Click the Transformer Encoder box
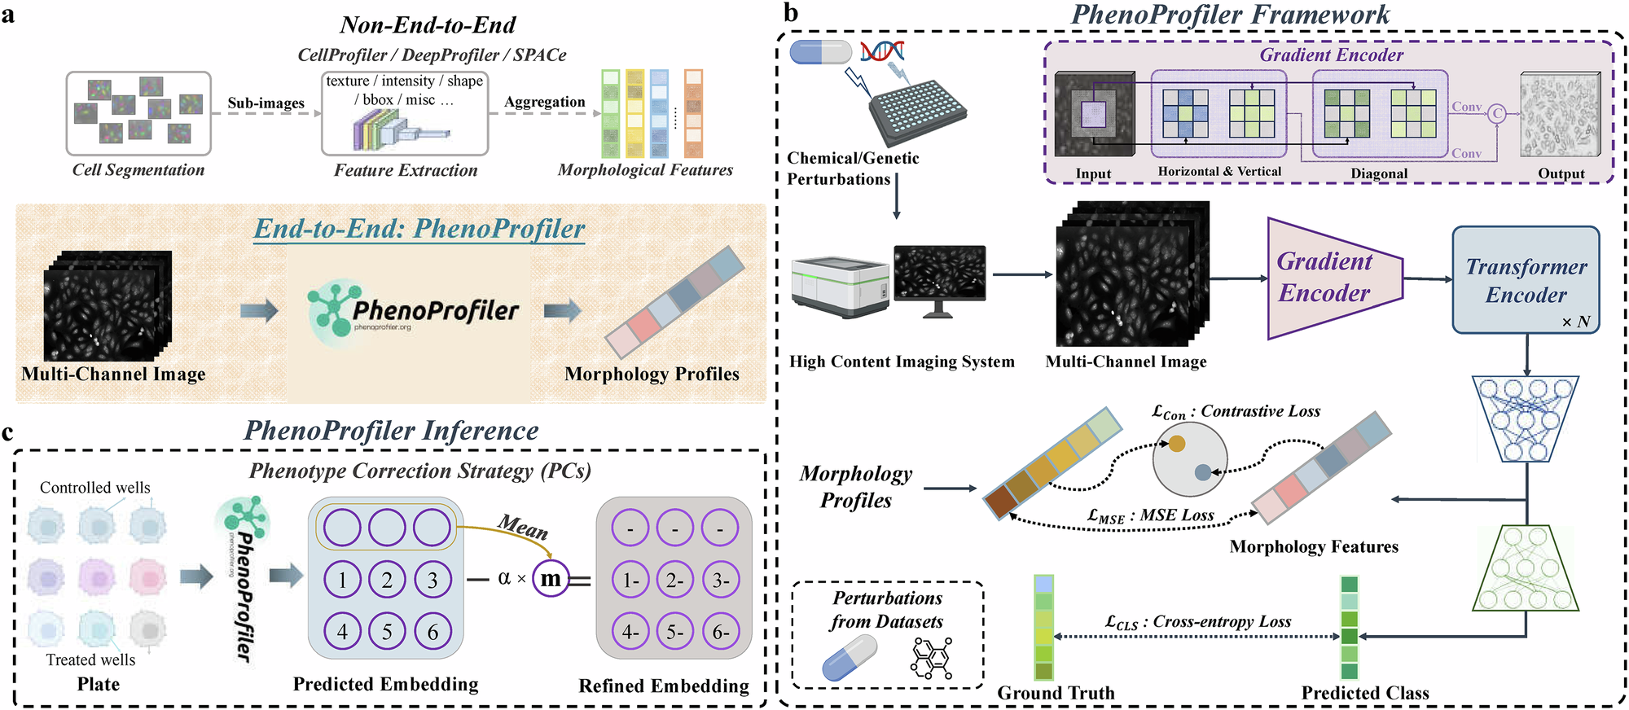1526,279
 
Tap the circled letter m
551,579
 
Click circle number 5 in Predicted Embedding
387,631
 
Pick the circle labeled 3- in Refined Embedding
720,580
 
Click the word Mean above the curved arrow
523,527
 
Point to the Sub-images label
266,103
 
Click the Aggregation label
544,102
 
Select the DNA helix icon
882,51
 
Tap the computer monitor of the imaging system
939,274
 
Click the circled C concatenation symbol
1497,114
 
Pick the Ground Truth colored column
1043,627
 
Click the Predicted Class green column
1350,627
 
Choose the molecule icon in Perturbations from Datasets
931,658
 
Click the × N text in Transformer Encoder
1575,322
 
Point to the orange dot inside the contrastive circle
1177,444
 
